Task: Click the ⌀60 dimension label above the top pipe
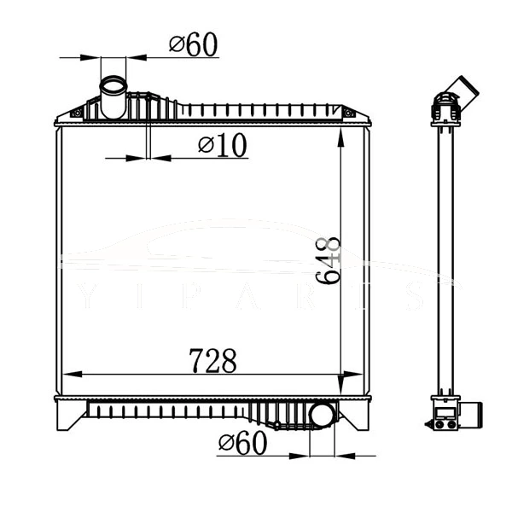point(194,44)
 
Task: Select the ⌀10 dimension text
point(223,146)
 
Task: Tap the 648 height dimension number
point(329,261)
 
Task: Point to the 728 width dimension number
point(213,361)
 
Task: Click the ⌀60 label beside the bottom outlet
point(242,443)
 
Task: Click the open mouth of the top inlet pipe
point(113,85)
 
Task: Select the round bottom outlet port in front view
point(322,416)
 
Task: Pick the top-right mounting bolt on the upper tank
point(347,112)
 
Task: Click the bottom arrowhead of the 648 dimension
point(341,388)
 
